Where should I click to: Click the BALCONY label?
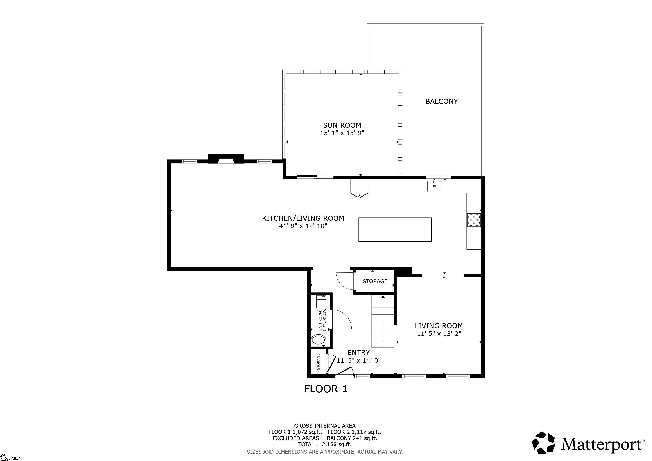coord(441,101)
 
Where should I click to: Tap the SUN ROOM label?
coord(342,125)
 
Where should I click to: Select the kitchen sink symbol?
coord(435,186)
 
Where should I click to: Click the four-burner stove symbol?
coord(474,220)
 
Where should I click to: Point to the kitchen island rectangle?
coord(395,229)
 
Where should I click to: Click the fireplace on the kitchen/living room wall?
coord(226,159)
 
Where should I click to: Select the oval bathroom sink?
coord(318,340)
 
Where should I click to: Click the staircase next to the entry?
coord(382,321)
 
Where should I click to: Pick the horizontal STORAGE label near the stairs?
coord(375,281)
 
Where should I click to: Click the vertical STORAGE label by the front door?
coord(318,362)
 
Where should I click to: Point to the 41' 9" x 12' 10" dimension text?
coord(303,226)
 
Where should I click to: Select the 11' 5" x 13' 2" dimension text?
coord(439,334)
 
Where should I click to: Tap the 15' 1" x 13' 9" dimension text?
coord(342,133)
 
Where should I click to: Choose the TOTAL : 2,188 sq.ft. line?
coord(325,444)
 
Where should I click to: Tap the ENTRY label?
coord(359,353)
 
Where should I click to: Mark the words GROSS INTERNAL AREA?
coord(325,426)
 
